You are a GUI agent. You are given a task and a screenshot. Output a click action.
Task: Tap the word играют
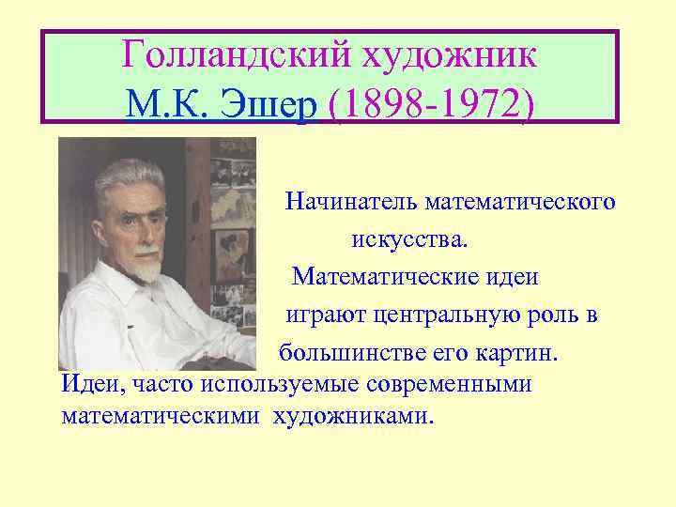[317, 316]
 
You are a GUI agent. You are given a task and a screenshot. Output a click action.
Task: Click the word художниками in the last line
[354, 414]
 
